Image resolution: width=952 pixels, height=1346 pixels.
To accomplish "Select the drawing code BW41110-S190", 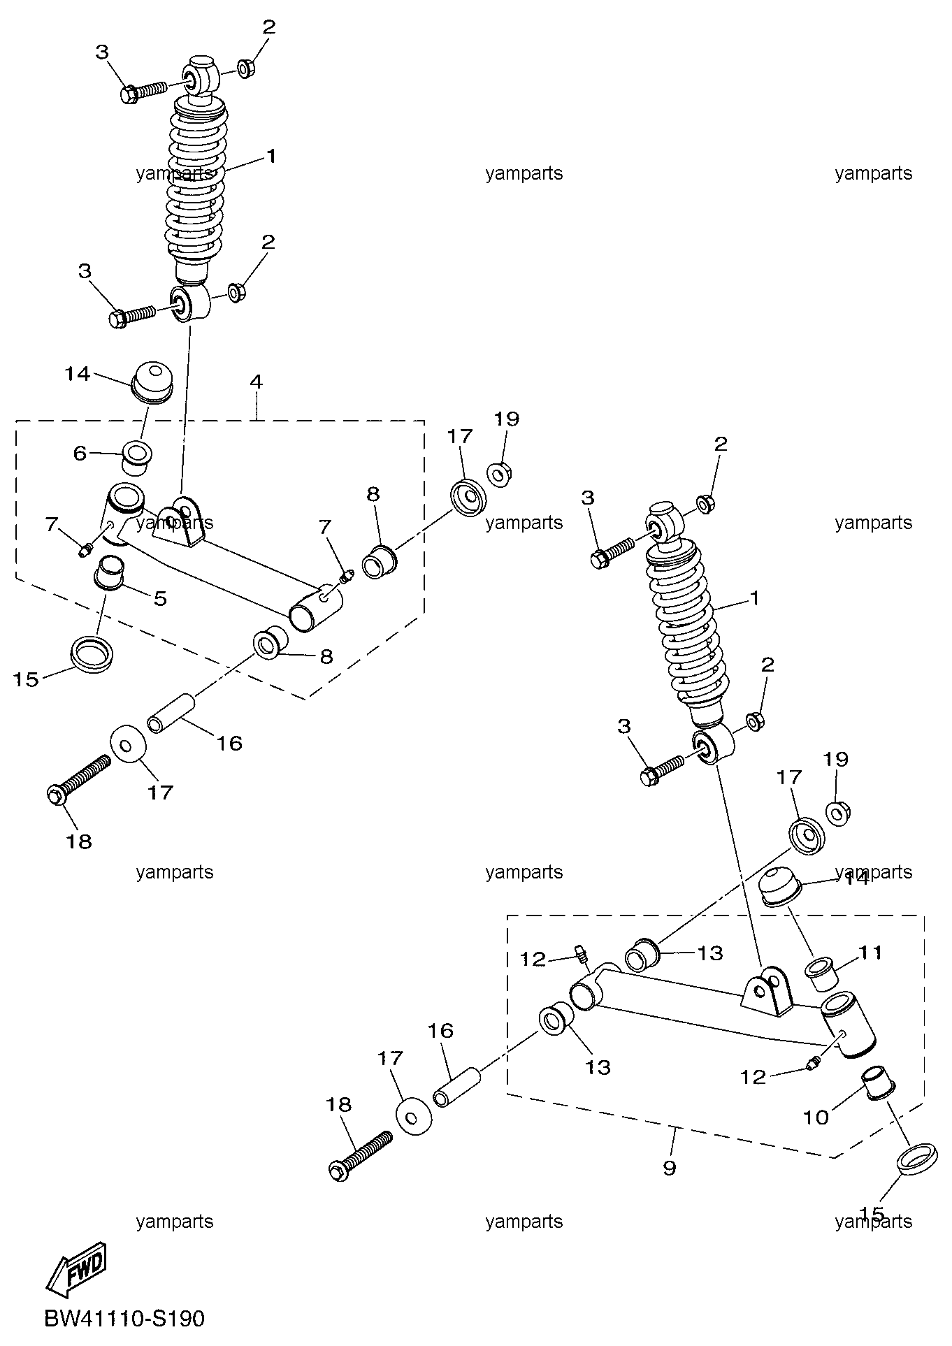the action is pos(124,1319).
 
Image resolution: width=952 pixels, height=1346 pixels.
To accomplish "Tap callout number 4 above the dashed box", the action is pos(256,382).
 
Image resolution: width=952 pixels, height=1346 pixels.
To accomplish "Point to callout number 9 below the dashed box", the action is pos(670,1168).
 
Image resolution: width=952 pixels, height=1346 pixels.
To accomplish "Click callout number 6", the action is pos(80,454).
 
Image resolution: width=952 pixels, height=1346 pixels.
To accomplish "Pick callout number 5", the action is pos(160,598).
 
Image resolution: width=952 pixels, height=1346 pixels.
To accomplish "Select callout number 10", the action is pos(815,1117).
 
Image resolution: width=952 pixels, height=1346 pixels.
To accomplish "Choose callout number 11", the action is pos(871,953).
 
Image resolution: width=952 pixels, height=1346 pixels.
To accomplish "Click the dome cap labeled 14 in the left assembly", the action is pos(152,383).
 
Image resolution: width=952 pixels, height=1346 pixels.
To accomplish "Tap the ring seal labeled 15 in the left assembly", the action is pos(92,654).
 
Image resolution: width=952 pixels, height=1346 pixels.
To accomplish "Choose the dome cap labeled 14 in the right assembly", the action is pos(781,888).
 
